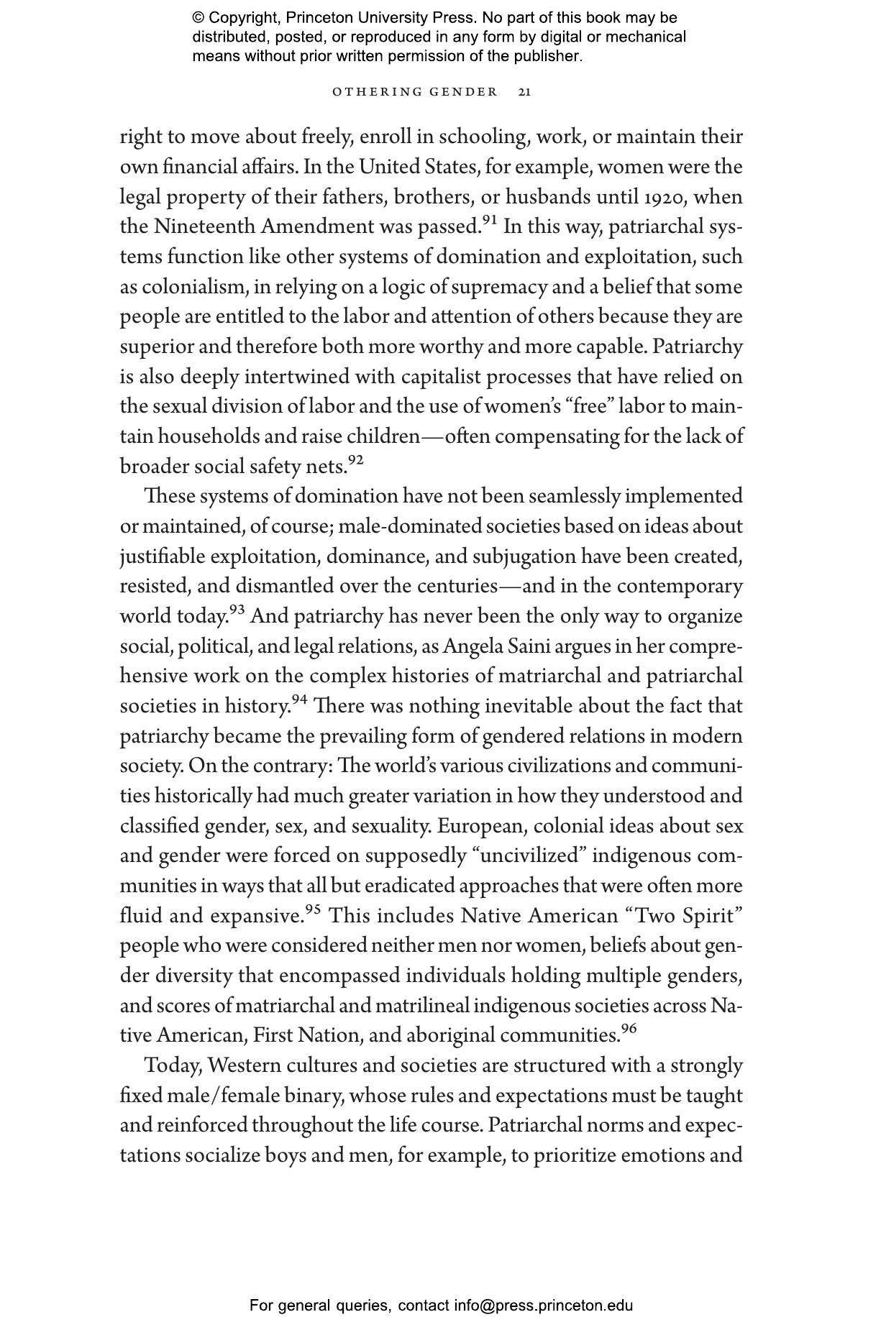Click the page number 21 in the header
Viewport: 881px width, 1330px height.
pyautogui.click(x=525, y=92)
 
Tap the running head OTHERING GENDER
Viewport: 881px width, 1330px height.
pyautogui.click(x=415, y=92)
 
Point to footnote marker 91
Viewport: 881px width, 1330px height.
pyautogui.click(x=490, y=221)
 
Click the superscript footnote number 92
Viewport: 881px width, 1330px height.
pyautogui.click(x=356, y=460)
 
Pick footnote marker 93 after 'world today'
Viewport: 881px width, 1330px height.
pyautogui.click(x=237, y=610)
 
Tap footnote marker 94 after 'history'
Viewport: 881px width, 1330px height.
pyautogui.click(x=300, y=700)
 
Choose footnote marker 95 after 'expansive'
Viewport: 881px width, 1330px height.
pyautogui.click(x=313, y=909)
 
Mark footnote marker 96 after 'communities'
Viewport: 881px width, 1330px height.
pyautogui.click(x=629, y=1029)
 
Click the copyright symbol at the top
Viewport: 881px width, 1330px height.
pyautogui.click(x=198, y=18)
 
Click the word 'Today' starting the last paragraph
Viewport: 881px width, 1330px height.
pyautogui.click(x=172, y=1065)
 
